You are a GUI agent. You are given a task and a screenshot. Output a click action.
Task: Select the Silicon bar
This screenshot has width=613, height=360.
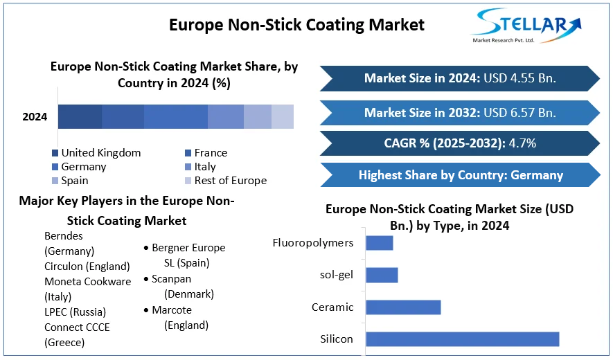(462, 339)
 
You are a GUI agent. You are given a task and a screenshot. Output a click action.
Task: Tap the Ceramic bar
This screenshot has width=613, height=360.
(403, 307)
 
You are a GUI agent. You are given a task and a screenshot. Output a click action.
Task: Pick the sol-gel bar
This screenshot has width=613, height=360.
(382, 275)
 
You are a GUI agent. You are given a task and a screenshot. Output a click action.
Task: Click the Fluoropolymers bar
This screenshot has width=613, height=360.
(379, 243)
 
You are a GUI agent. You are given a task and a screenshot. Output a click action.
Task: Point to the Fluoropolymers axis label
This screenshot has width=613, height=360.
(313, 243)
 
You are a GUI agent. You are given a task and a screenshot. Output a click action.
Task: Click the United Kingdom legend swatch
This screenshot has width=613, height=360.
(55, 153)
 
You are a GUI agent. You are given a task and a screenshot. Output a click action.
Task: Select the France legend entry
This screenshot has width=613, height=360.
(211, 153)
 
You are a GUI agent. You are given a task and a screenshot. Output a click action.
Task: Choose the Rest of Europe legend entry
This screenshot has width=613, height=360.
(230, 181)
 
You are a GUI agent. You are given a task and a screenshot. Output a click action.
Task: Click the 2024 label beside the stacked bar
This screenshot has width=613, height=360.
(35, 117)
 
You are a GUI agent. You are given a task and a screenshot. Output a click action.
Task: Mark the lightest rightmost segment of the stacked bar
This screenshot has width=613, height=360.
(283, 117)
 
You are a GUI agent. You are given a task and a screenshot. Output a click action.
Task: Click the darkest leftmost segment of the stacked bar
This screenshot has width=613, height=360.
(80, 117)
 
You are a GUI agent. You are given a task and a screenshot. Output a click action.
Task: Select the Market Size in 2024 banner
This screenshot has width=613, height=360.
(459, 78)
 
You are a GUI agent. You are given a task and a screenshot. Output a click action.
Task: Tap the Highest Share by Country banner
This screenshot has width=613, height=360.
(460, 175)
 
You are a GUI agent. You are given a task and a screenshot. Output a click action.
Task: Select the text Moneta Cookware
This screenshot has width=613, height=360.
(88, 282)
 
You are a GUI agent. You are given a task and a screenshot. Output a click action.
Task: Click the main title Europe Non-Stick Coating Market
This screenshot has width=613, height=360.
(296, 26)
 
